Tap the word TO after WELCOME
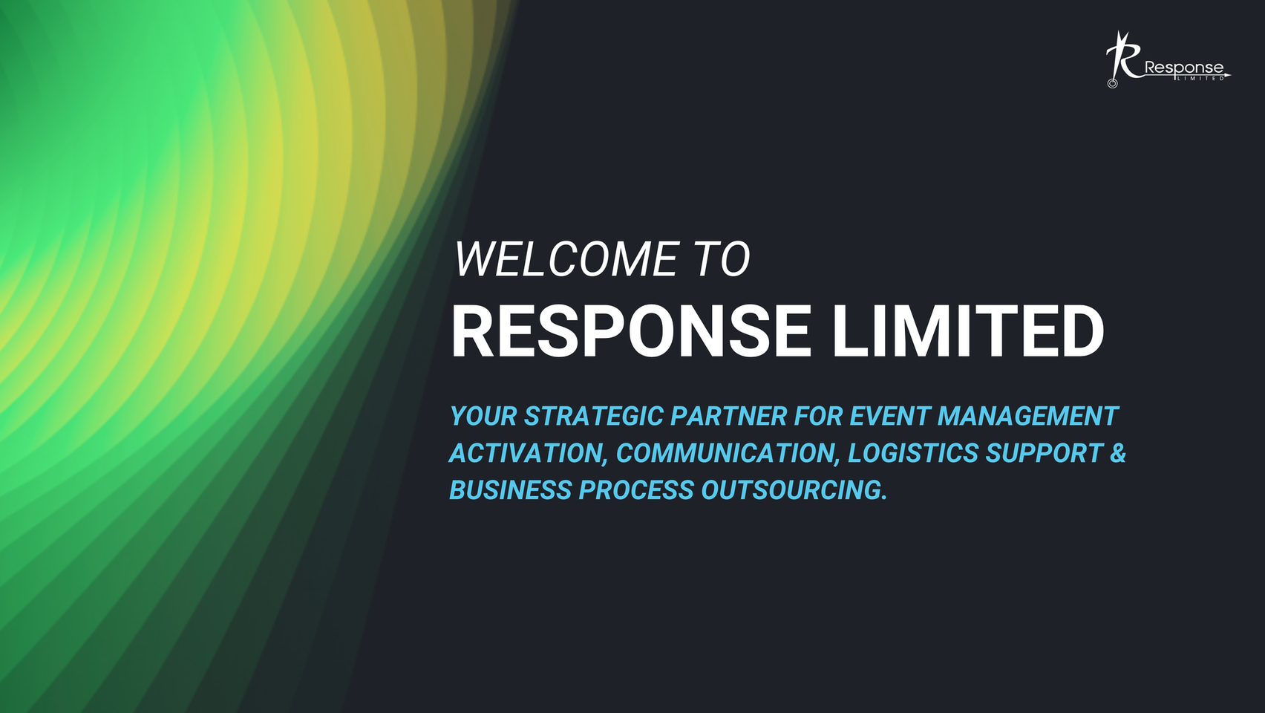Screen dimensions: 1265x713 724,259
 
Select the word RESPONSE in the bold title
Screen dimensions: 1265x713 630,331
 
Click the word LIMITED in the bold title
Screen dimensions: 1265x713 967,331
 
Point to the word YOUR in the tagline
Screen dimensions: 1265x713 483,417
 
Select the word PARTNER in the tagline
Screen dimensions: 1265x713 728,417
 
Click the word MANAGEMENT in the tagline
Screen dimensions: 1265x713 1027,417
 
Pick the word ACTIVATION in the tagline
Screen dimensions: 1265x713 528,454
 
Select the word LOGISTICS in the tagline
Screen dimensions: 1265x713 913,453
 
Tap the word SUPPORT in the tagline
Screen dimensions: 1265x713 1045,453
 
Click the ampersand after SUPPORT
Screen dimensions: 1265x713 1118,453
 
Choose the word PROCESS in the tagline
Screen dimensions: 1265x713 636,490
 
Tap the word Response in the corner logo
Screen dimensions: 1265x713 1183,69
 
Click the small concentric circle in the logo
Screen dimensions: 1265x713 1112,84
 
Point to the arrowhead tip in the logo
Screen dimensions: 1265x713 1231,74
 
